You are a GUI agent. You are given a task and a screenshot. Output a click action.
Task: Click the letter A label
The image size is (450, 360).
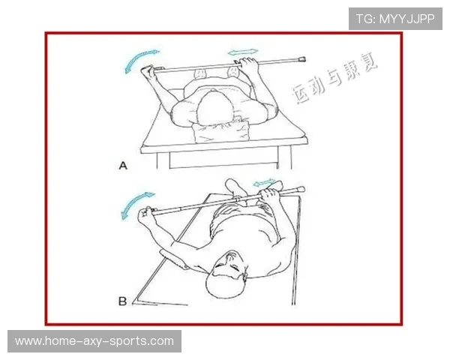(123, 166)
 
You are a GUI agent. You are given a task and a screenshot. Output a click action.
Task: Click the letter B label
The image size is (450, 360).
(122, 301)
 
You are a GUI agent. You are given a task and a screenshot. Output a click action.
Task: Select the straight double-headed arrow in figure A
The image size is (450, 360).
(243, 52)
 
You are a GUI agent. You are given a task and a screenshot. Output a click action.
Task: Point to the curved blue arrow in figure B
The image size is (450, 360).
(135, 204)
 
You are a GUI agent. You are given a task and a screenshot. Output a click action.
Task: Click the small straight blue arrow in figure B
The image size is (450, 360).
(264, 182)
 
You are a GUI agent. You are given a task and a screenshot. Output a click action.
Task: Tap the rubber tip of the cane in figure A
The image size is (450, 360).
(302, 60)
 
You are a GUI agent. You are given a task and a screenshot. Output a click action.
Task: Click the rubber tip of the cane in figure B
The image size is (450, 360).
(301, 189)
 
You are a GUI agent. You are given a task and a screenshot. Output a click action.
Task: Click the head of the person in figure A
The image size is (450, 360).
(214, 108)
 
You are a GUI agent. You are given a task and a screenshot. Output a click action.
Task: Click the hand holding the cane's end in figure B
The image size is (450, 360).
(145, 215)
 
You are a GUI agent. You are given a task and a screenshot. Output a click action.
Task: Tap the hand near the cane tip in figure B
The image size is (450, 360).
(269, 195)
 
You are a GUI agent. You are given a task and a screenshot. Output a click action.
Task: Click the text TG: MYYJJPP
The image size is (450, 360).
(395, 19)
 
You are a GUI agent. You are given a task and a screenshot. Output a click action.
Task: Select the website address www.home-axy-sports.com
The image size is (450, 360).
(94, 341)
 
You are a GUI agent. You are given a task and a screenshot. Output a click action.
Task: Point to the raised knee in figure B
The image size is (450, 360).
(234, 185)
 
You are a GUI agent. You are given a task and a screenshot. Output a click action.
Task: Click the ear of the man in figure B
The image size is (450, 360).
(245, 273)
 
